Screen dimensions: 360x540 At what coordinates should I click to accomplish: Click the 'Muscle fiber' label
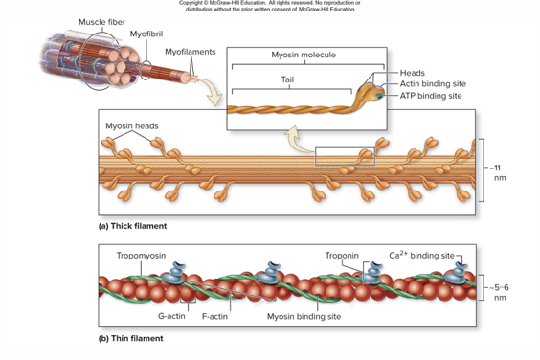pyautogui.click(x=99, y=21)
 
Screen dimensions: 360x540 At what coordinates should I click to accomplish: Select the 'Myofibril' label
pyautogui.click(x=146, y=34)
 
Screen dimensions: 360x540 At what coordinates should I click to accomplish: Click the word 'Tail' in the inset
pyautogui.click(x=287, y=79)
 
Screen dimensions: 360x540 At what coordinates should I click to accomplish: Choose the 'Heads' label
pyautogui.click(x=413, y=73)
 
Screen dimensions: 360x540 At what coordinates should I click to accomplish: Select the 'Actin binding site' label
pyautogui.click(x=433, y=84)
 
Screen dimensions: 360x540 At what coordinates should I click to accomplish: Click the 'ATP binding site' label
pyautogui.click(x=431, y=96)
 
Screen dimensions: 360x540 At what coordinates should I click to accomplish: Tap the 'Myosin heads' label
pyautogui.click(x=132, y=126)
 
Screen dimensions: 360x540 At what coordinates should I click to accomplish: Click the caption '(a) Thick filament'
pyautogui.click(x=133, y=227)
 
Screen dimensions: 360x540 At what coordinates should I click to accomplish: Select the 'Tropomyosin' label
pyautogui.click(x=141, y=256)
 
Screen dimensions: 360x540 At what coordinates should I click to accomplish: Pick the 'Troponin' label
pyautogui.click(x=342, y=256)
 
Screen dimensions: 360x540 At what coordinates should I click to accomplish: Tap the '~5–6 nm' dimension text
pyautogui.click(x=499, y=291)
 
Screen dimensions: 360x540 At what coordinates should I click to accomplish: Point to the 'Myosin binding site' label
pyautogui.click(x=304, y=316)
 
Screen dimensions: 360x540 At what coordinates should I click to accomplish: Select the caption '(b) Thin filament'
pyautogui.click(x=131, y=338)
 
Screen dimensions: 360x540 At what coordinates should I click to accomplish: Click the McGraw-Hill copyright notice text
pyautogui.click(x=269, y=7)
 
